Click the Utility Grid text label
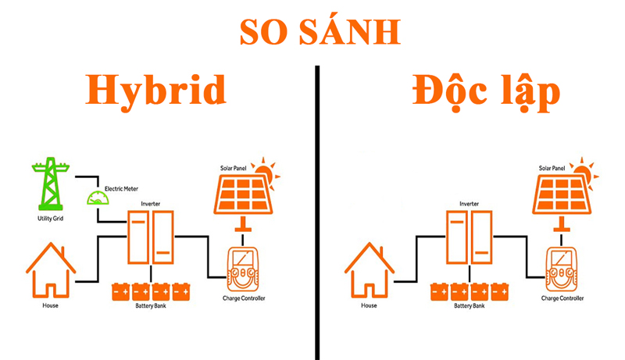[x=49, y=219]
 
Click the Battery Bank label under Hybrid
[x=151, y=305]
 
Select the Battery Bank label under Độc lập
[x=470, y=305]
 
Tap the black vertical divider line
[x=318, y=211]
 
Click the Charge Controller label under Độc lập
[x=563, y=298]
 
